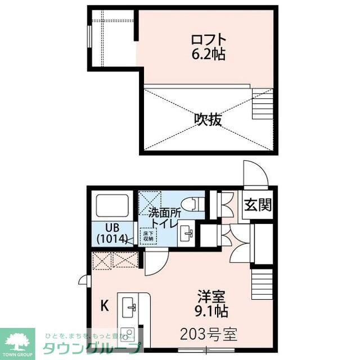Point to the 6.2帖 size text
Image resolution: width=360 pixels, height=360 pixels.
point(209,55)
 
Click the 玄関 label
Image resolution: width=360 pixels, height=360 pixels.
point(258,205)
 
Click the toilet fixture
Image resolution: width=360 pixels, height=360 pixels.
point(191,202)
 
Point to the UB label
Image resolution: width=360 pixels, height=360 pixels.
point(111,228)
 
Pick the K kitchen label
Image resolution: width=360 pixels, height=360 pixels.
point(104,307)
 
